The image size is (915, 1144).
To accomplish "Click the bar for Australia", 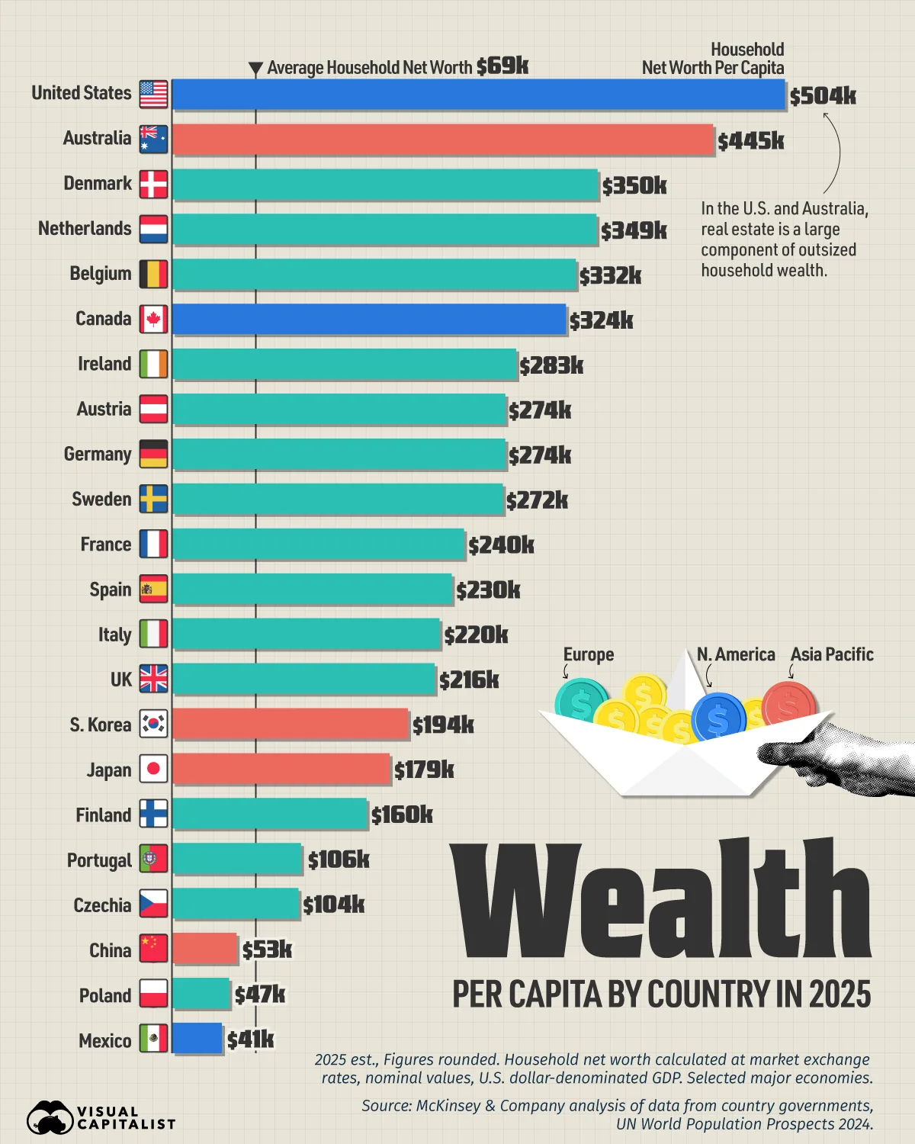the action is tap(443, 140).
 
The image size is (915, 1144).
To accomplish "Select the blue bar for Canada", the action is tap(370, 319).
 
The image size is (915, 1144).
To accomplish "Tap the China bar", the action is tap(204, 948).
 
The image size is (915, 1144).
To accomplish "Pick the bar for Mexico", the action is tap(197, 1038).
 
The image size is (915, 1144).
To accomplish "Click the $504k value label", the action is tap(823, 96).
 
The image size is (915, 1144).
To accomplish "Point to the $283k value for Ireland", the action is tap(551, 366).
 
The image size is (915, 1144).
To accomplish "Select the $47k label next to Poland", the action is tap(260, 995).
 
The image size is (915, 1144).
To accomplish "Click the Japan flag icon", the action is tap(154, 769).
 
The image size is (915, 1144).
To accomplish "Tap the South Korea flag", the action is tap(154, 724).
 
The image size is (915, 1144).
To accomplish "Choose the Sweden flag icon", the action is tap(154, 499).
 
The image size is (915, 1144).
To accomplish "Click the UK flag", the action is tap(154, 679).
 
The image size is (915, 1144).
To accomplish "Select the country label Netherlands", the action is tap(85, 229).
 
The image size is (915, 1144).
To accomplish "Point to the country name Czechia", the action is tap(102, 905).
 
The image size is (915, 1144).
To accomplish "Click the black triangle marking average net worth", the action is tap(255, 69).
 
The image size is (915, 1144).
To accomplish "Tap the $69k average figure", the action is tap(502, 66).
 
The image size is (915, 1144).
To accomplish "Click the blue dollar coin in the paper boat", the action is tap(718, 718).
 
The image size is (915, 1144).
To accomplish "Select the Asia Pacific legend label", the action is tap(832, 654).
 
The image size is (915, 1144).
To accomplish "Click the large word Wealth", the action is tap(662, 898).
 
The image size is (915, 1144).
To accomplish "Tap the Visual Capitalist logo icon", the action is tap(50, 1117).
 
